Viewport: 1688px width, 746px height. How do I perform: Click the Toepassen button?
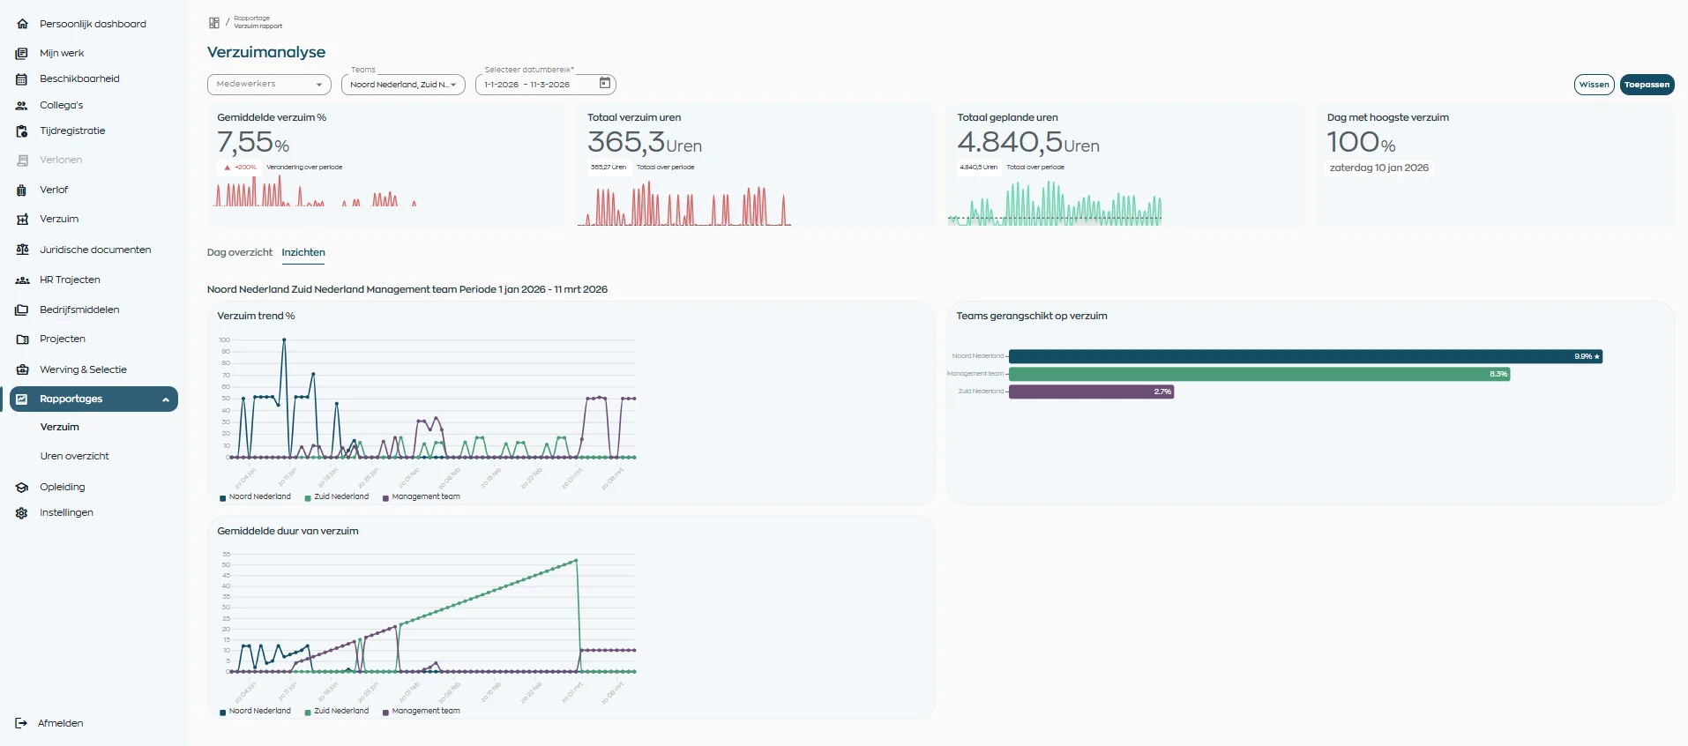tap(1647, 85)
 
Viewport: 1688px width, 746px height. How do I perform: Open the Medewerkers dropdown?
tap(269, 85)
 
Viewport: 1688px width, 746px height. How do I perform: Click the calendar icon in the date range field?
tap(605, 83)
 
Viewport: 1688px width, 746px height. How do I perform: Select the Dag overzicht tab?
tap(239, 252)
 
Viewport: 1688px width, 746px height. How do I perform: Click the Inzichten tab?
tap(303, 252)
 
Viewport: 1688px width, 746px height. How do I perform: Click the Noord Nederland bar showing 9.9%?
tap(1305, 356)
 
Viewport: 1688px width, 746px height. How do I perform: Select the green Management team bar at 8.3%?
tap(1259, 374)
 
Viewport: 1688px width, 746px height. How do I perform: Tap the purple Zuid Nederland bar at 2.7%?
tap(1091, 392)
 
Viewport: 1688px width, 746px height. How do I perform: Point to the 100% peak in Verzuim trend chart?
tap(284, 339)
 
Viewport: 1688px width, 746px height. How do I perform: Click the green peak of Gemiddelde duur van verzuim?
tap(576, 560)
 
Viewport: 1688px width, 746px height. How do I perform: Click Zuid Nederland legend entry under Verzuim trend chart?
tap(340, 496)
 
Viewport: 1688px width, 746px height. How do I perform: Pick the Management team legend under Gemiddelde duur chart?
tap(425, 711)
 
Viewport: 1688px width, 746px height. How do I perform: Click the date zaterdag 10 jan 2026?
tap(1378, 168)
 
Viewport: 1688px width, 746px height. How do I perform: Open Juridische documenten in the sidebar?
tap(95, 250)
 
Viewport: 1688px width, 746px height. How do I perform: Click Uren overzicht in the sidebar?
tap(74, 456)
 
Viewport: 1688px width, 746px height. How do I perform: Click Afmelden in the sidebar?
tap(60, 723)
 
